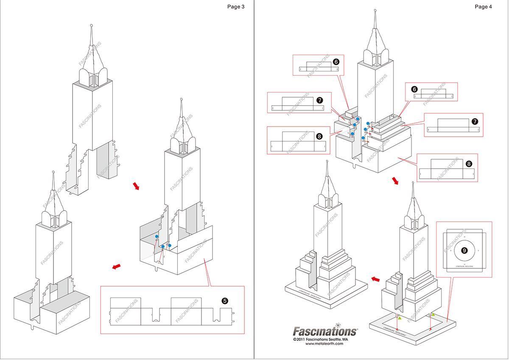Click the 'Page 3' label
tap(236, 6)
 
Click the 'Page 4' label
tap(484, 6)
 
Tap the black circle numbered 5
tap(225, 301)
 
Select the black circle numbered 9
tap(464, 251)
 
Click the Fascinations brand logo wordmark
tap(325, 331)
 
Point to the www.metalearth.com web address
tap(324, 344)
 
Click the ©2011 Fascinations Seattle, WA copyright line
tap(320, 340)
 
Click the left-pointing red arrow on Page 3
tap(116, 266)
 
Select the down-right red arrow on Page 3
tap(136, 186)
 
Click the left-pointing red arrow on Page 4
tap(375, 279)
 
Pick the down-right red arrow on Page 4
tap(395, 181)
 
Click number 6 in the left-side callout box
tap(336, 62)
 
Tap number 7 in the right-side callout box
tap(475, 121)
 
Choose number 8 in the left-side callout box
tap(319, 136)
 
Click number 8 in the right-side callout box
tap(469, 163)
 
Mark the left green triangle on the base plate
tap(399, 318)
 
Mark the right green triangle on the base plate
tap(433, 315)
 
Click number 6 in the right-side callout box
tap(414, 90)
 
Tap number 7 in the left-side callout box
tap(319, 100)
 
